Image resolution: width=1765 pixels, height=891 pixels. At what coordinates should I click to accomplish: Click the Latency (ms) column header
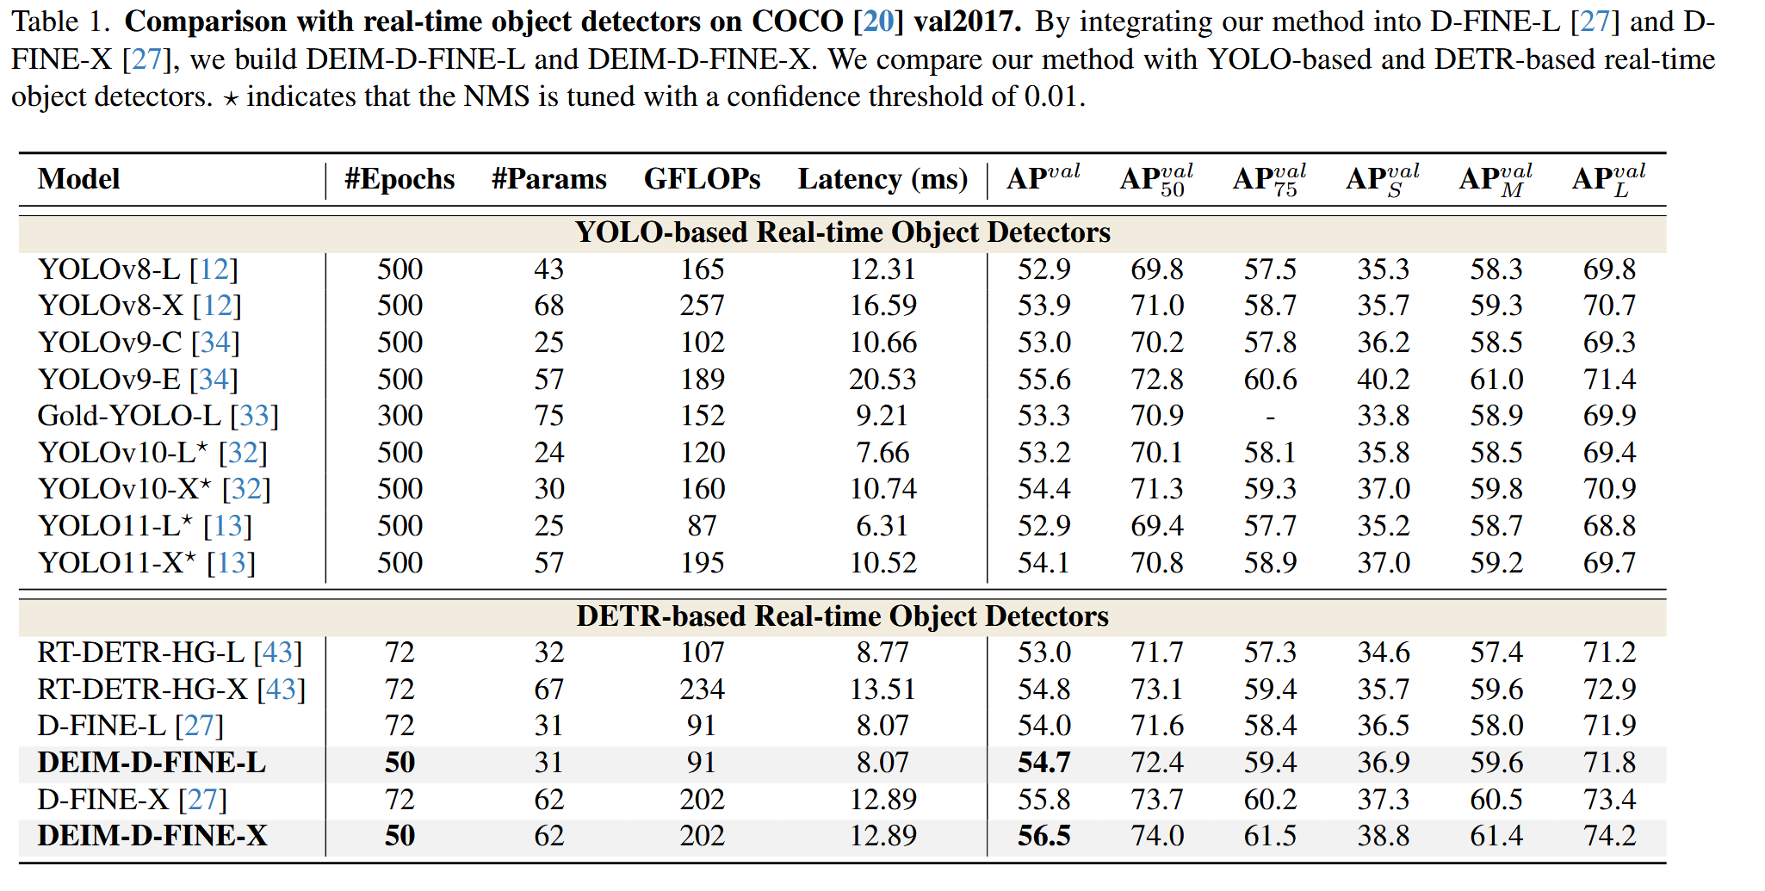point(882,179)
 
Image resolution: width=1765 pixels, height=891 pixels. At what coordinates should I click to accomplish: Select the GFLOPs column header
point(702,179)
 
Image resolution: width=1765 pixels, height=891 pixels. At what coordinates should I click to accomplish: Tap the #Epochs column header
point(399,179)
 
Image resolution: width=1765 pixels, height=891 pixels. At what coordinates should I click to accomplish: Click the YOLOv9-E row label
point(138,380)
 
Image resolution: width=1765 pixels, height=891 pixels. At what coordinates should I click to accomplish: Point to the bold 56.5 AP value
point(1044,836)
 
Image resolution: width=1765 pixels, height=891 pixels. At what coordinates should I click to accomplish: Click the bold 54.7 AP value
point(1044,763)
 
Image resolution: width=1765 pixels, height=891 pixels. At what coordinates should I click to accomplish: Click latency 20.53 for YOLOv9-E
point(882,380)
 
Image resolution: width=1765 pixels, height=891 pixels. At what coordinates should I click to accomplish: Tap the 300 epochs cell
point(399,416)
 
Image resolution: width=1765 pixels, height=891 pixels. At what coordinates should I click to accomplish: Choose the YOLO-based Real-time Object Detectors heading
point(842,232)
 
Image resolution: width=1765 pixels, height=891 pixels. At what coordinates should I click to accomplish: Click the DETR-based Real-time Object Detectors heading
point(842,616)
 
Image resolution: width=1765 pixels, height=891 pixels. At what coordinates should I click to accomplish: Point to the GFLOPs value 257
point(702,306)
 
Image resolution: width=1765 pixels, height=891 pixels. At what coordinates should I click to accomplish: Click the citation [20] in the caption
point(878,22)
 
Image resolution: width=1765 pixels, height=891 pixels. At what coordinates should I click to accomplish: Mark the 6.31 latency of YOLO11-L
point(882,526)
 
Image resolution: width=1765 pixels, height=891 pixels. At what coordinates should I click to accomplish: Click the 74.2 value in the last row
point(1609,836)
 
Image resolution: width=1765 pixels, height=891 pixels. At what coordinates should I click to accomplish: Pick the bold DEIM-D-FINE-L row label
point(152,763)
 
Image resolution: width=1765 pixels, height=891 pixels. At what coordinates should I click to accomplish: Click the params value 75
point(548,416)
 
